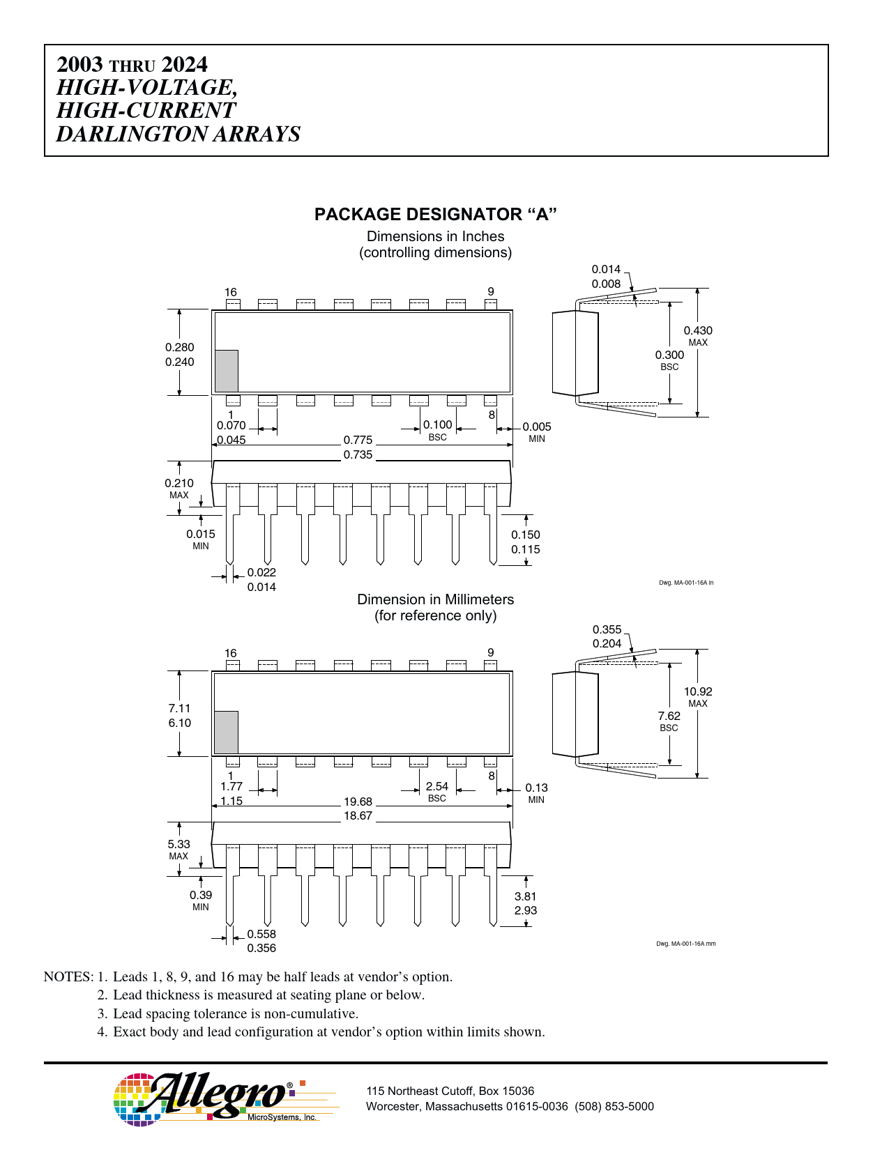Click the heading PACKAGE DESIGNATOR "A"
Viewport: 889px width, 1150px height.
coord(435,215)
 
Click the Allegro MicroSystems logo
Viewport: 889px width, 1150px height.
coord(225,1099)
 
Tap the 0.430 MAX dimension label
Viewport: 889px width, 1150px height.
coord(698,336)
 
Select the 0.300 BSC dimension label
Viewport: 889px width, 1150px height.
coord(669,360)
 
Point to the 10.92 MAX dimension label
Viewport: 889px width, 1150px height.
coord(698,697)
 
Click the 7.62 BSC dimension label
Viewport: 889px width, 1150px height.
coord(669,721)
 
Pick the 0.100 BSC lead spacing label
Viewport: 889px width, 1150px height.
coord(437,430)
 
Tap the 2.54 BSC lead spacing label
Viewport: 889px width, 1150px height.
coord(436,792)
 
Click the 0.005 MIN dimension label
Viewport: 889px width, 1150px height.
coord(536,432)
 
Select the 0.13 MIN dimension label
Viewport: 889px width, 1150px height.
coord(536,793)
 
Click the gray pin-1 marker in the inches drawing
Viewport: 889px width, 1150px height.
coord(227,371)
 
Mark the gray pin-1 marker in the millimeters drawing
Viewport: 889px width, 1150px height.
coord(227,732)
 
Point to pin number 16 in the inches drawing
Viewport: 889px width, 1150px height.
coord(230,292)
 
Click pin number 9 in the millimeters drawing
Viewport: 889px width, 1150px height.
coord(491,652)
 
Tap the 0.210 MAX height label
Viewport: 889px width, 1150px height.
coord(179,489)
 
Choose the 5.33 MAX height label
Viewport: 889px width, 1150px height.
coord(179,850)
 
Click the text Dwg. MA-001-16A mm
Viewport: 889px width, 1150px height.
coord(685,944)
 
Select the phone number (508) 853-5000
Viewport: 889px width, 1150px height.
coord(614,1106)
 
